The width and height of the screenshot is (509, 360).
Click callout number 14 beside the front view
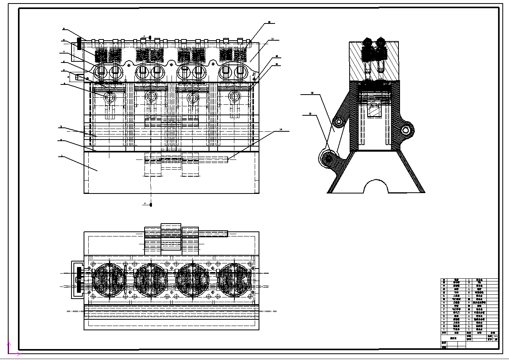click(280, 129)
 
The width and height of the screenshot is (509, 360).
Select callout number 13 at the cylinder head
click(272, 39)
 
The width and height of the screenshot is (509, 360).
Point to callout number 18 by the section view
click(312, 93)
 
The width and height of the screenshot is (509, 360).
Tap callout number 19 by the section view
click(310, 114)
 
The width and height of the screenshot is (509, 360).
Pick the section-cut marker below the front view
click(151, 204)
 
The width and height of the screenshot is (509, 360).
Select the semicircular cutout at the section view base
click(376, 187)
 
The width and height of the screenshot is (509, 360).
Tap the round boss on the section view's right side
click(406, 130)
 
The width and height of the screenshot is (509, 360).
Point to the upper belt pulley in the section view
click(338, 123)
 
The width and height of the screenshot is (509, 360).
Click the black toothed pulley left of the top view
click(79, 280)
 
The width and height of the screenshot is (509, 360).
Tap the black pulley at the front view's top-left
click(79, 44)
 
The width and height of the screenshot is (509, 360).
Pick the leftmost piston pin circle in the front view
click(110, 96)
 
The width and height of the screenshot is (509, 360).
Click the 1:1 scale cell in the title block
click(496, 336)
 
